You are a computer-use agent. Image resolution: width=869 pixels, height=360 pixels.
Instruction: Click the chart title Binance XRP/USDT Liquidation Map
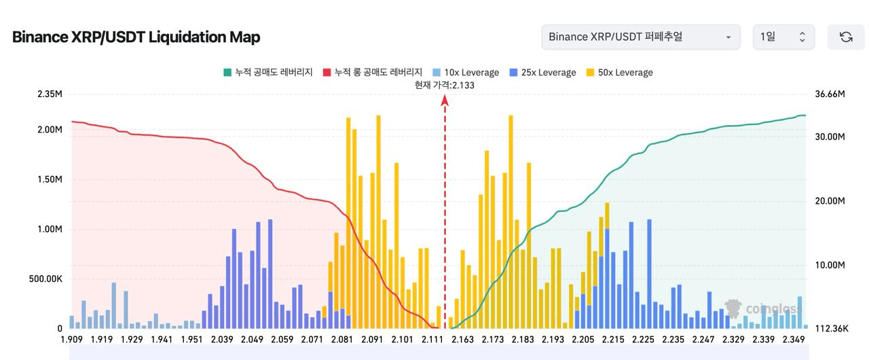(136, 37)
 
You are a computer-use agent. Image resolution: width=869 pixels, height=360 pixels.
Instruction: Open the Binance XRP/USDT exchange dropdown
(640, 37)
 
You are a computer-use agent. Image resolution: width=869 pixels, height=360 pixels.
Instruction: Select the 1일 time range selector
(783, 37)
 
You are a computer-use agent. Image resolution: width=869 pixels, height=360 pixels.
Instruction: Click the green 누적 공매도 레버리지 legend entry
(267, 73)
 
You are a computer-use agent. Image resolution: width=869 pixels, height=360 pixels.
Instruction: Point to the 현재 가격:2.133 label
(445, 85)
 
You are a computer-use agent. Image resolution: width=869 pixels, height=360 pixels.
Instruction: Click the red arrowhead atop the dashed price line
(445, 101)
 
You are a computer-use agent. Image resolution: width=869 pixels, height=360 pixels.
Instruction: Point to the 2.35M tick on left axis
(50, 94)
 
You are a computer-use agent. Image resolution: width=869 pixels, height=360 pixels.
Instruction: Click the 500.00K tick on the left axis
(45, 279)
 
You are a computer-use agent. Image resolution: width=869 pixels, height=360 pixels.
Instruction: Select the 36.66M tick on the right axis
(830, 94)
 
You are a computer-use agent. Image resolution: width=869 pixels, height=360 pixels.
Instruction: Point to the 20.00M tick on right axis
(830, 201)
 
